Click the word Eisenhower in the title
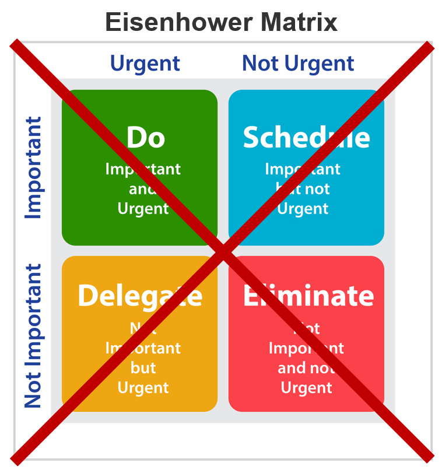(x=176, y=23)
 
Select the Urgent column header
(x=145, y=63)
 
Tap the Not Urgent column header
(x=298, y=63)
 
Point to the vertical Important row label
(x=34, y=168)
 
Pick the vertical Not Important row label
(x=34, y=336)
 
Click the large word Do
(x=146, y=138)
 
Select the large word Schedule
(x=306, y=138)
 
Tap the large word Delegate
(x=140, y=296)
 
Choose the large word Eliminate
(x=308, y=296)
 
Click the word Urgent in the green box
(x=143, y=208)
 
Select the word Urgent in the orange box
(x=143, y=387)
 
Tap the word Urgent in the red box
(x=306, y=387)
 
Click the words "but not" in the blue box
(x=303, y=189)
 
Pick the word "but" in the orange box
(x=143, y=368)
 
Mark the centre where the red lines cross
(x=222, y=253)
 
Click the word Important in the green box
(x=143, y=169)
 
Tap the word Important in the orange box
(x=143, y=348)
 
